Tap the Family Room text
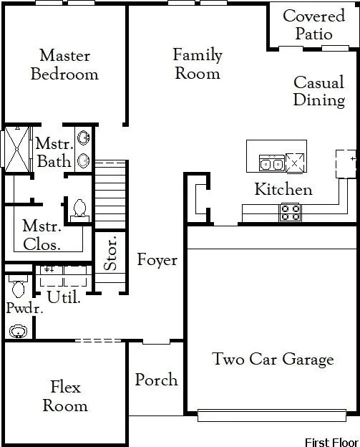[198, 64]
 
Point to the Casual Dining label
[318, 91]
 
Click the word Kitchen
[283, 190]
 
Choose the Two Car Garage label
[273, 359]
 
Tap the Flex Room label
[65, 397]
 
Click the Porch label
[156, 379]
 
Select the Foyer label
[157, 260]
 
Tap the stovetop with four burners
[290, 212]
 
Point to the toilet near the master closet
[80, 208]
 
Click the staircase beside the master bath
[110, 188]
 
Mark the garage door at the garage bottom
[272, 415]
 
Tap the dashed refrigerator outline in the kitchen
[346, 163]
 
